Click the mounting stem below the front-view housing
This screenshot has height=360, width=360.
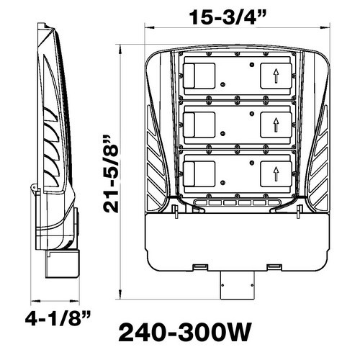(x=237, y=285)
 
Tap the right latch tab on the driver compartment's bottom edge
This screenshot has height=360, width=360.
(x=274, y=268)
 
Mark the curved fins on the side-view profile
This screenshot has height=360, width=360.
(x=50, y=137)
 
